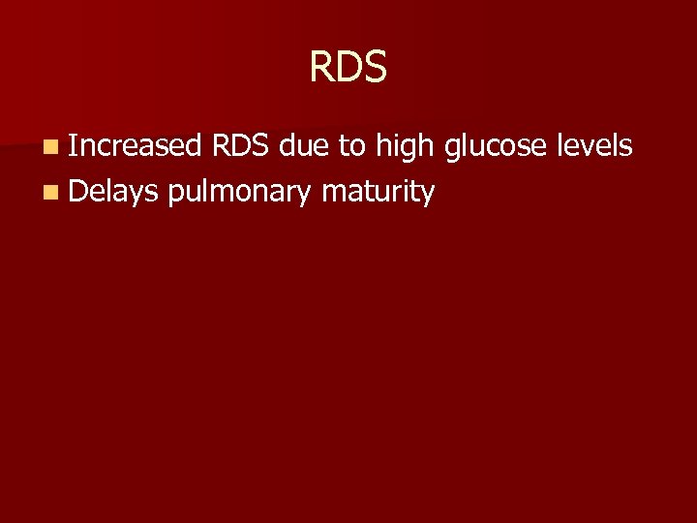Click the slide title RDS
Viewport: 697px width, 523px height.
pyautogui.click(x=348, y=67)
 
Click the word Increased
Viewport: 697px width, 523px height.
pyautogui.click(x=135, y=146)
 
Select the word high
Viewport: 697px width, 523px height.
pyautogui.click(x=406, y=147)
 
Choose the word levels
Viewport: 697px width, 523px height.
pyautogui.click(x=595, y=146)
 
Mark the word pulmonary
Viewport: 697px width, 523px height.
pyautogui.click(x=239, y=193)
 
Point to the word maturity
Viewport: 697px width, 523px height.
pyautogui.click(x=379, y=192)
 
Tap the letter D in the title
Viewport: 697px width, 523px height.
pyautogui.click(x=348, y=67)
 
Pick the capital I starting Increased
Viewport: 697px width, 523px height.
pyautogui.click(x=73, y=146)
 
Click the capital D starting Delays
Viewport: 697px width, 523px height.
pyautogui.click(x=78, y=191)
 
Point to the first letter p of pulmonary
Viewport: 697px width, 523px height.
pyautogui.click(x=173, y=194)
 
